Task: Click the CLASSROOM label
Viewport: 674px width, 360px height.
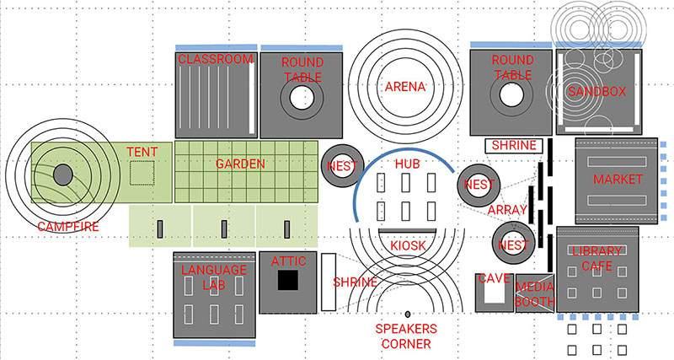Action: coord(215,59)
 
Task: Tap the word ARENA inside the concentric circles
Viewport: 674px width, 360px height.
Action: coord(405,87)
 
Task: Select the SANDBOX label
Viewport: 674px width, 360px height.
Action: coord(596,91)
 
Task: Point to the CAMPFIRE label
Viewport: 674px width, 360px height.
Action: coord(68,226)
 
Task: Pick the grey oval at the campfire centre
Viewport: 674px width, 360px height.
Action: coord(62,175)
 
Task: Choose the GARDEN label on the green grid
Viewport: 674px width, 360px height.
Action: coord(240,164)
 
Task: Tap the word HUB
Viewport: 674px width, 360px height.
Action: coord(407,163)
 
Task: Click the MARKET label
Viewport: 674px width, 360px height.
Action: coord(618,180)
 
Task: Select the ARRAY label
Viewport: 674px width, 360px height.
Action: coord(507,210)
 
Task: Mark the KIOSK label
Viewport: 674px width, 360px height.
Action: coord(408,245)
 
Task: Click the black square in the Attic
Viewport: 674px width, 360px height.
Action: coord(289,282)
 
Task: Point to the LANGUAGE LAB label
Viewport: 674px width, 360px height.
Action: coord(215,277)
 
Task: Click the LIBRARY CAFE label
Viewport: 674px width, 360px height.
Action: coord(596,258)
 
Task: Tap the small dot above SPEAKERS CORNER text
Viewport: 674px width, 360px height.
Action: coord(408,314)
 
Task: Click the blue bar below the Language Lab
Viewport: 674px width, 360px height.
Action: coord(214,344)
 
